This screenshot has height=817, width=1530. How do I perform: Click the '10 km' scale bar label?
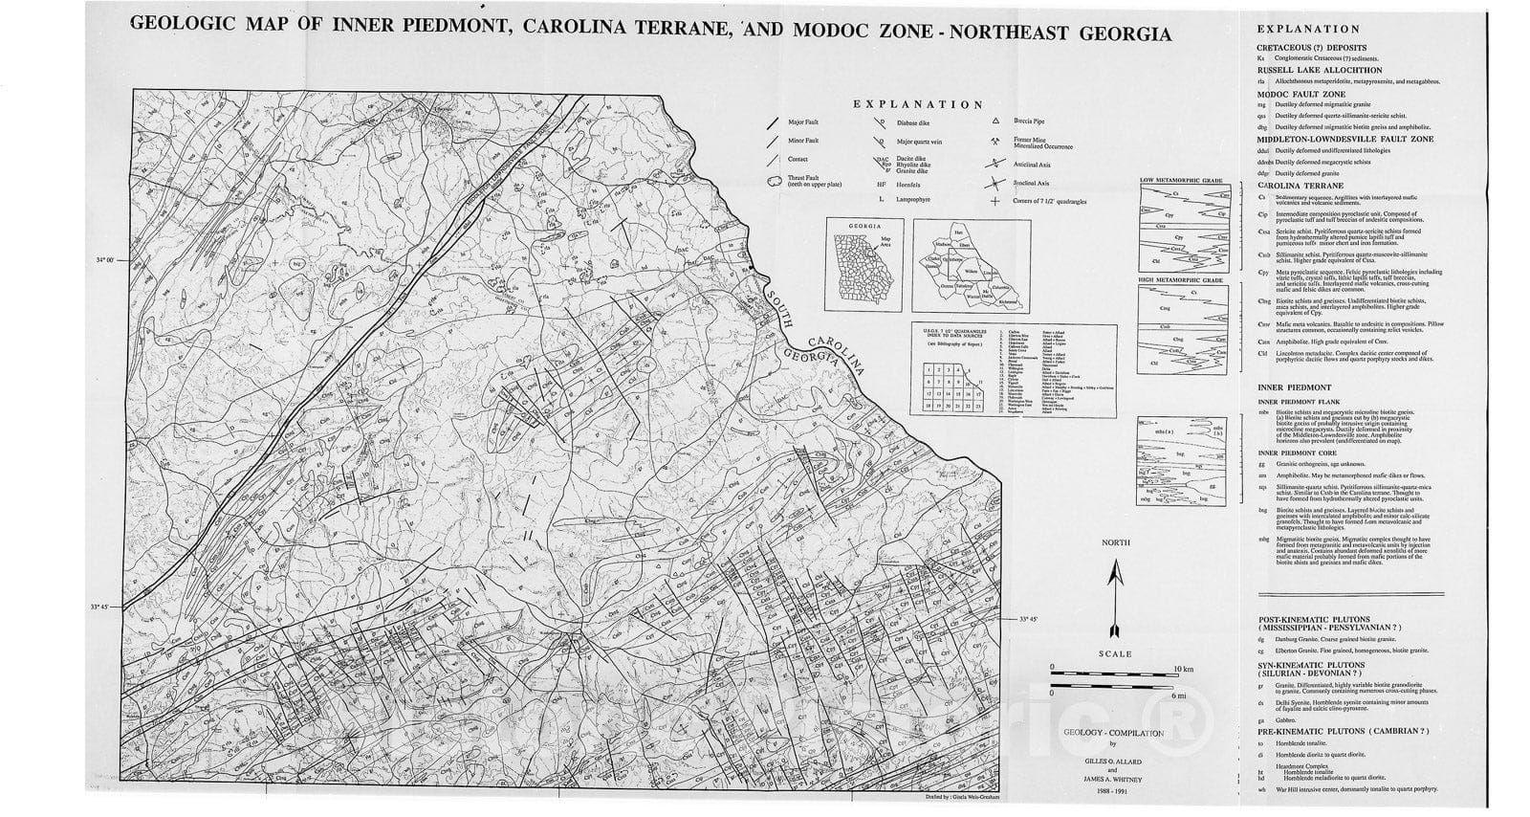tap(1183, 668)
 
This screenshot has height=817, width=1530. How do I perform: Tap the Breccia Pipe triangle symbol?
tap(995, 121)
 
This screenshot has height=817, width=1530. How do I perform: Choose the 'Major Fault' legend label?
tap(803, 122)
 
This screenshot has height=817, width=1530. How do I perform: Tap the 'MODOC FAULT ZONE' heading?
tap(1300, 95)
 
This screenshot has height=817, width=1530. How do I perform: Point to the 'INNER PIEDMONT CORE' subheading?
tap(1295, 453)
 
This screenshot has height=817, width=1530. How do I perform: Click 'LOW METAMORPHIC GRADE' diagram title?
tap(1182, 180)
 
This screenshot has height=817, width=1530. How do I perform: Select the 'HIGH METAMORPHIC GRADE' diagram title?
tap(1182, 279)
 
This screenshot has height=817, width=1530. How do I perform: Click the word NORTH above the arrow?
tap(1115, 542)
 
